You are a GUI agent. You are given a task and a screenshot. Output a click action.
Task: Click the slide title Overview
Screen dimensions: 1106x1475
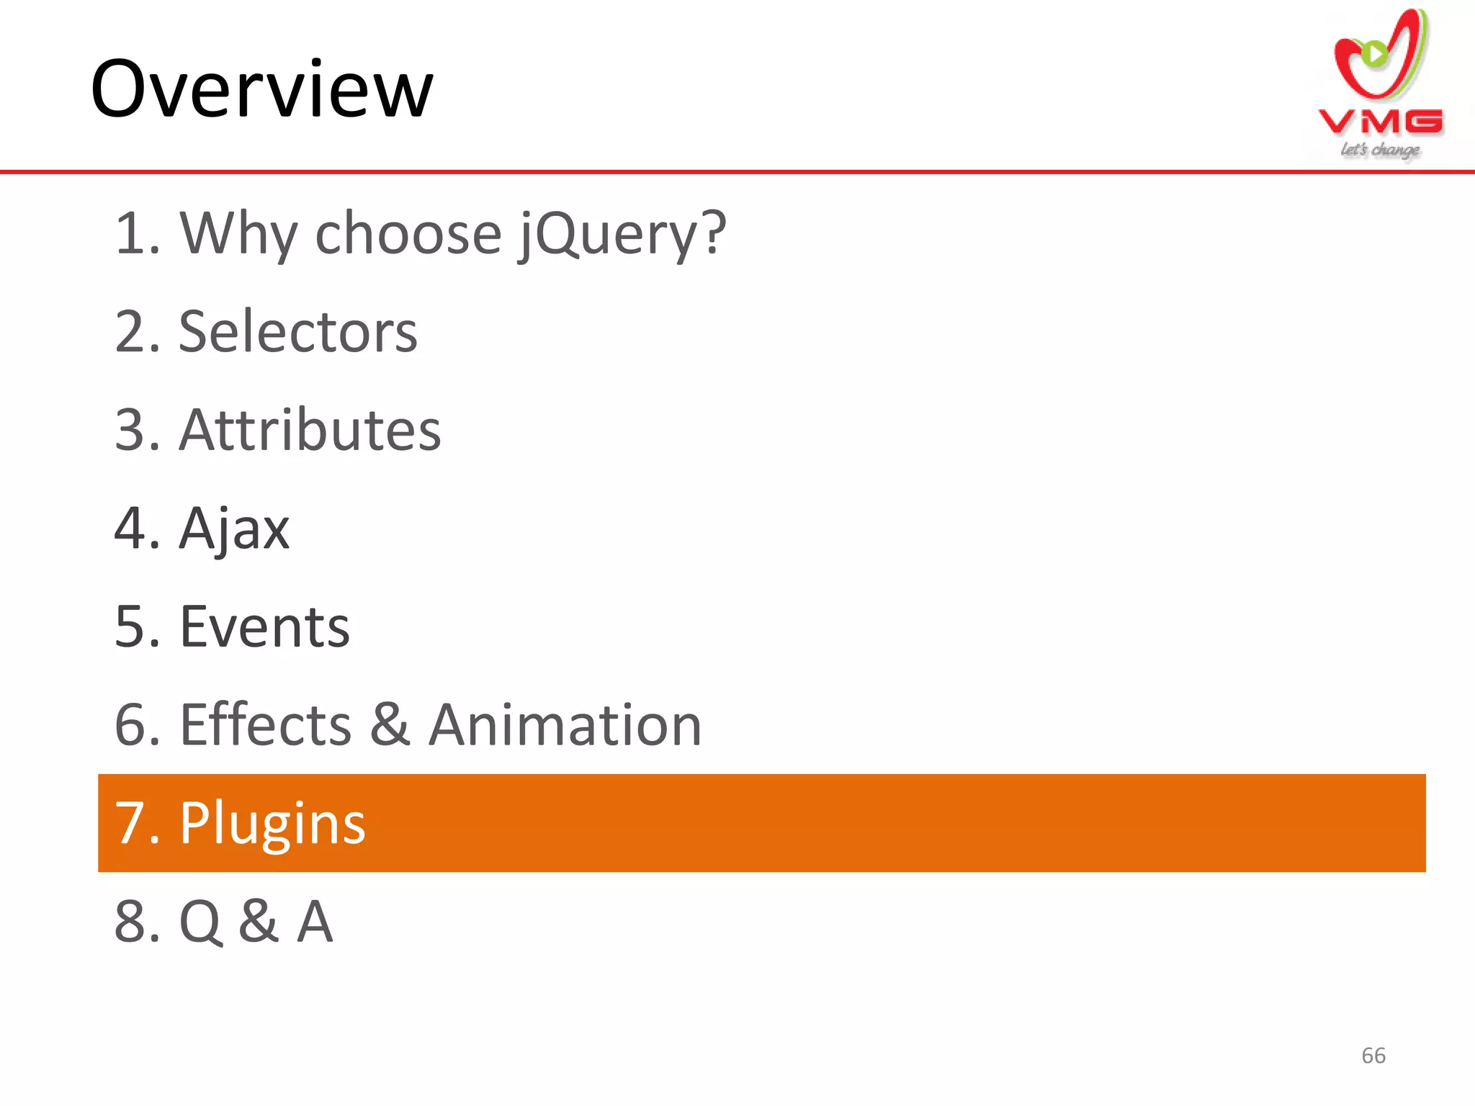coord(261,89)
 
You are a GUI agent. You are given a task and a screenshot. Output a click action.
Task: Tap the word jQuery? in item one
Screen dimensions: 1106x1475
coord(622,234)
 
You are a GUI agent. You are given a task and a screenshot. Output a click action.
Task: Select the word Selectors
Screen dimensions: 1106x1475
coord(298,332)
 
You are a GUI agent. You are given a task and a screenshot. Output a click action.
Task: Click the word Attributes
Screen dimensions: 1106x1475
coord(310,430)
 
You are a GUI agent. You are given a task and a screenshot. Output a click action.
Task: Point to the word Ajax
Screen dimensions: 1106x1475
coord(234,529)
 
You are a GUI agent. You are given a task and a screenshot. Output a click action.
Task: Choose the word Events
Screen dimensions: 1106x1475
coord(264,626)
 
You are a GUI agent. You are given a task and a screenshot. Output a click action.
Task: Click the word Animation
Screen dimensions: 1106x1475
coord(565,725)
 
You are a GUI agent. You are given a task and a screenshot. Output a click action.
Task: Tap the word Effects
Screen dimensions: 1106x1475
coord(266,725)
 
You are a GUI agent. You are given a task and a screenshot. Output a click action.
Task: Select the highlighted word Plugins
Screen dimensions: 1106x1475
coord(272,823)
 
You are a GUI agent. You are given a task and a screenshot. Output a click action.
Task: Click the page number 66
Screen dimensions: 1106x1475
coord(1373,1056)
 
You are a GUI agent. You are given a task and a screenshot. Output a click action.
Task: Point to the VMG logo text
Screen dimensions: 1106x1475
coord(1381,122)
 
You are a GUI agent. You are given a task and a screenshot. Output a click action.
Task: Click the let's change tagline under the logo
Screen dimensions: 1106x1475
coord(1380,150)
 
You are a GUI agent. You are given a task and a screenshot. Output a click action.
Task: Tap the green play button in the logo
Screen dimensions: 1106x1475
coord(1374,53)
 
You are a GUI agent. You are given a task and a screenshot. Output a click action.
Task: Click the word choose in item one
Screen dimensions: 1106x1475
coord(408,234)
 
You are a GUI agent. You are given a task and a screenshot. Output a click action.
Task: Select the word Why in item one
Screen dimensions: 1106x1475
coord(238,234)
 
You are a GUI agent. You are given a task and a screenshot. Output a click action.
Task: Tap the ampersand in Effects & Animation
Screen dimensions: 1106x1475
coord(390,725)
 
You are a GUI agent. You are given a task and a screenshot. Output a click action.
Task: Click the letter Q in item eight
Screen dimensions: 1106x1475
coord(200,922)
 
